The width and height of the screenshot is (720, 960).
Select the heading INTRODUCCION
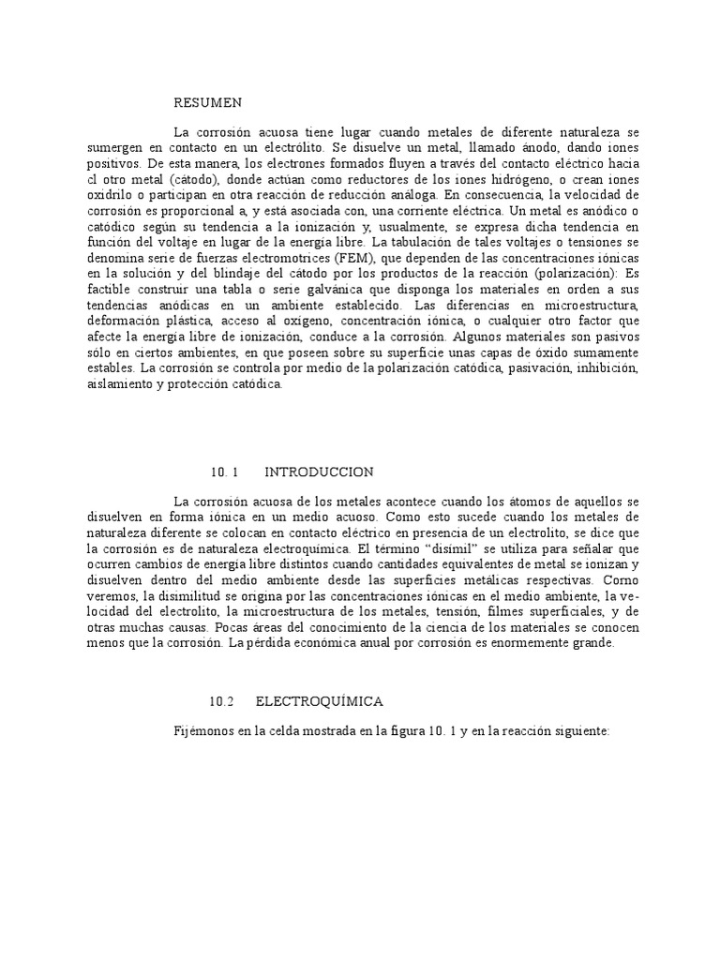[319, 472]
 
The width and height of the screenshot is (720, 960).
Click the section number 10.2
[220, 701]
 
